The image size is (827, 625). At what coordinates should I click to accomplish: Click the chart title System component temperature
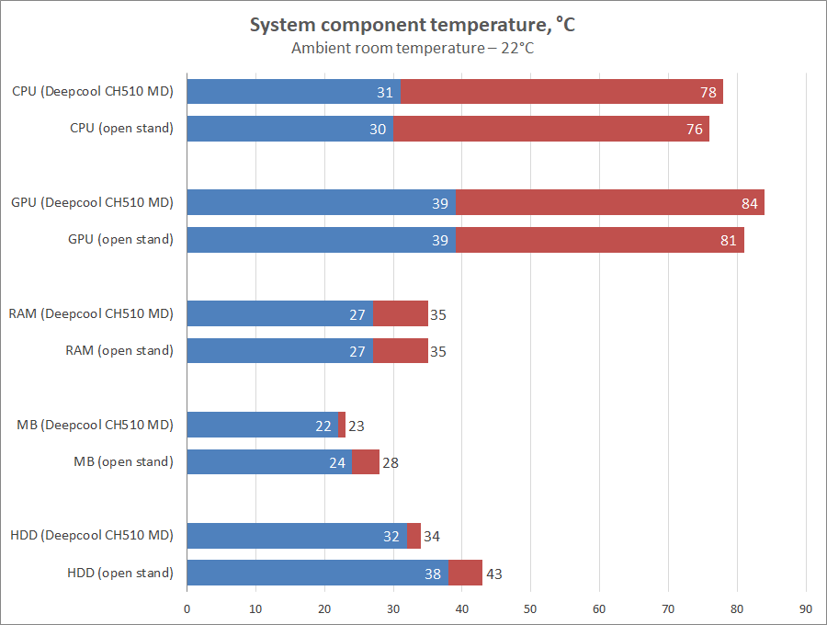pyautogui.click(x=413, y=26)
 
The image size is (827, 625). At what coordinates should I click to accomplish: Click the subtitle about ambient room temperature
pyautogui.click(x=413, y=49)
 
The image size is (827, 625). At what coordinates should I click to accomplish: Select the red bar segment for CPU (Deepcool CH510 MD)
pyautogui.click(x=561, y=92)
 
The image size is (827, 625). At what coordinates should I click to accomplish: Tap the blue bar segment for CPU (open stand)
pyautogui.click(x=289, y=129)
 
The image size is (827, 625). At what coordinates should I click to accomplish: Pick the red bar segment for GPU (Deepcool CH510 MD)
pyautogui.click(x=609, y=202)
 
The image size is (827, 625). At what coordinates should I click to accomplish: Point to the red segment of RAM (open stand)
pyautogui.click(x=400, y=350)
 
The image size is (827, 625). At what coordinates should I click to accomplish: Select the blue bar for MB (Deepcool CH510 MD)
pyautogui.click(x=262, y=425)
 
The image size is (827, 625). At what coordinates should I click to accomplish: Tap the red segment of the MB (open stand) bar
pyautogui.click(x=366, y=461)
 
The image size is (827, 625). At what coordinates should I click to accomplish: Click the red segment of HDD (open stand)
pyautogui.click(x=465, y=573)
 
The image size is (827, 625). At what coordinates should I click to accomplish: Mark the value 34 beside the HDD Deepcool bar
pyautogui.click(x=432, y=537)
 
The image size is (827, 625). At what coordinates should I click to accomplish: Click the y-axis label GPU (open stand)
pyautogui.click(x=120, y=240)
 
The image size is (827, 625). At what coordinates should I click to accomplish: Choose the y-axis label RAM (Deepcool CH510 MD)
pyautogui.click(x=91, y=313)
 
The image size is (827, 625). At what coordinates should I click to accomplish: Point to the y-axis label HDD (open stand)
pyautogui.click(x=120, y=573)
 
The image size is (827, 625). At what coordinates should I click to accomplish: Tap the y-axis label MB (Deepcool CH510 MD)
pyautogui.click(x=95, y=425)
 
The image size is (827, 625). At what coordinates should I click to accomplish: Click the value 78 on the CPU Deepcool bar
pyautogui.click(x=708, y=92)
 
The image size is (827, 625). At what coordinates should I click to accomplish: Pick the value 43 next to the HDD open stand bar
pyautogui.click(x=493, y=574)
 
